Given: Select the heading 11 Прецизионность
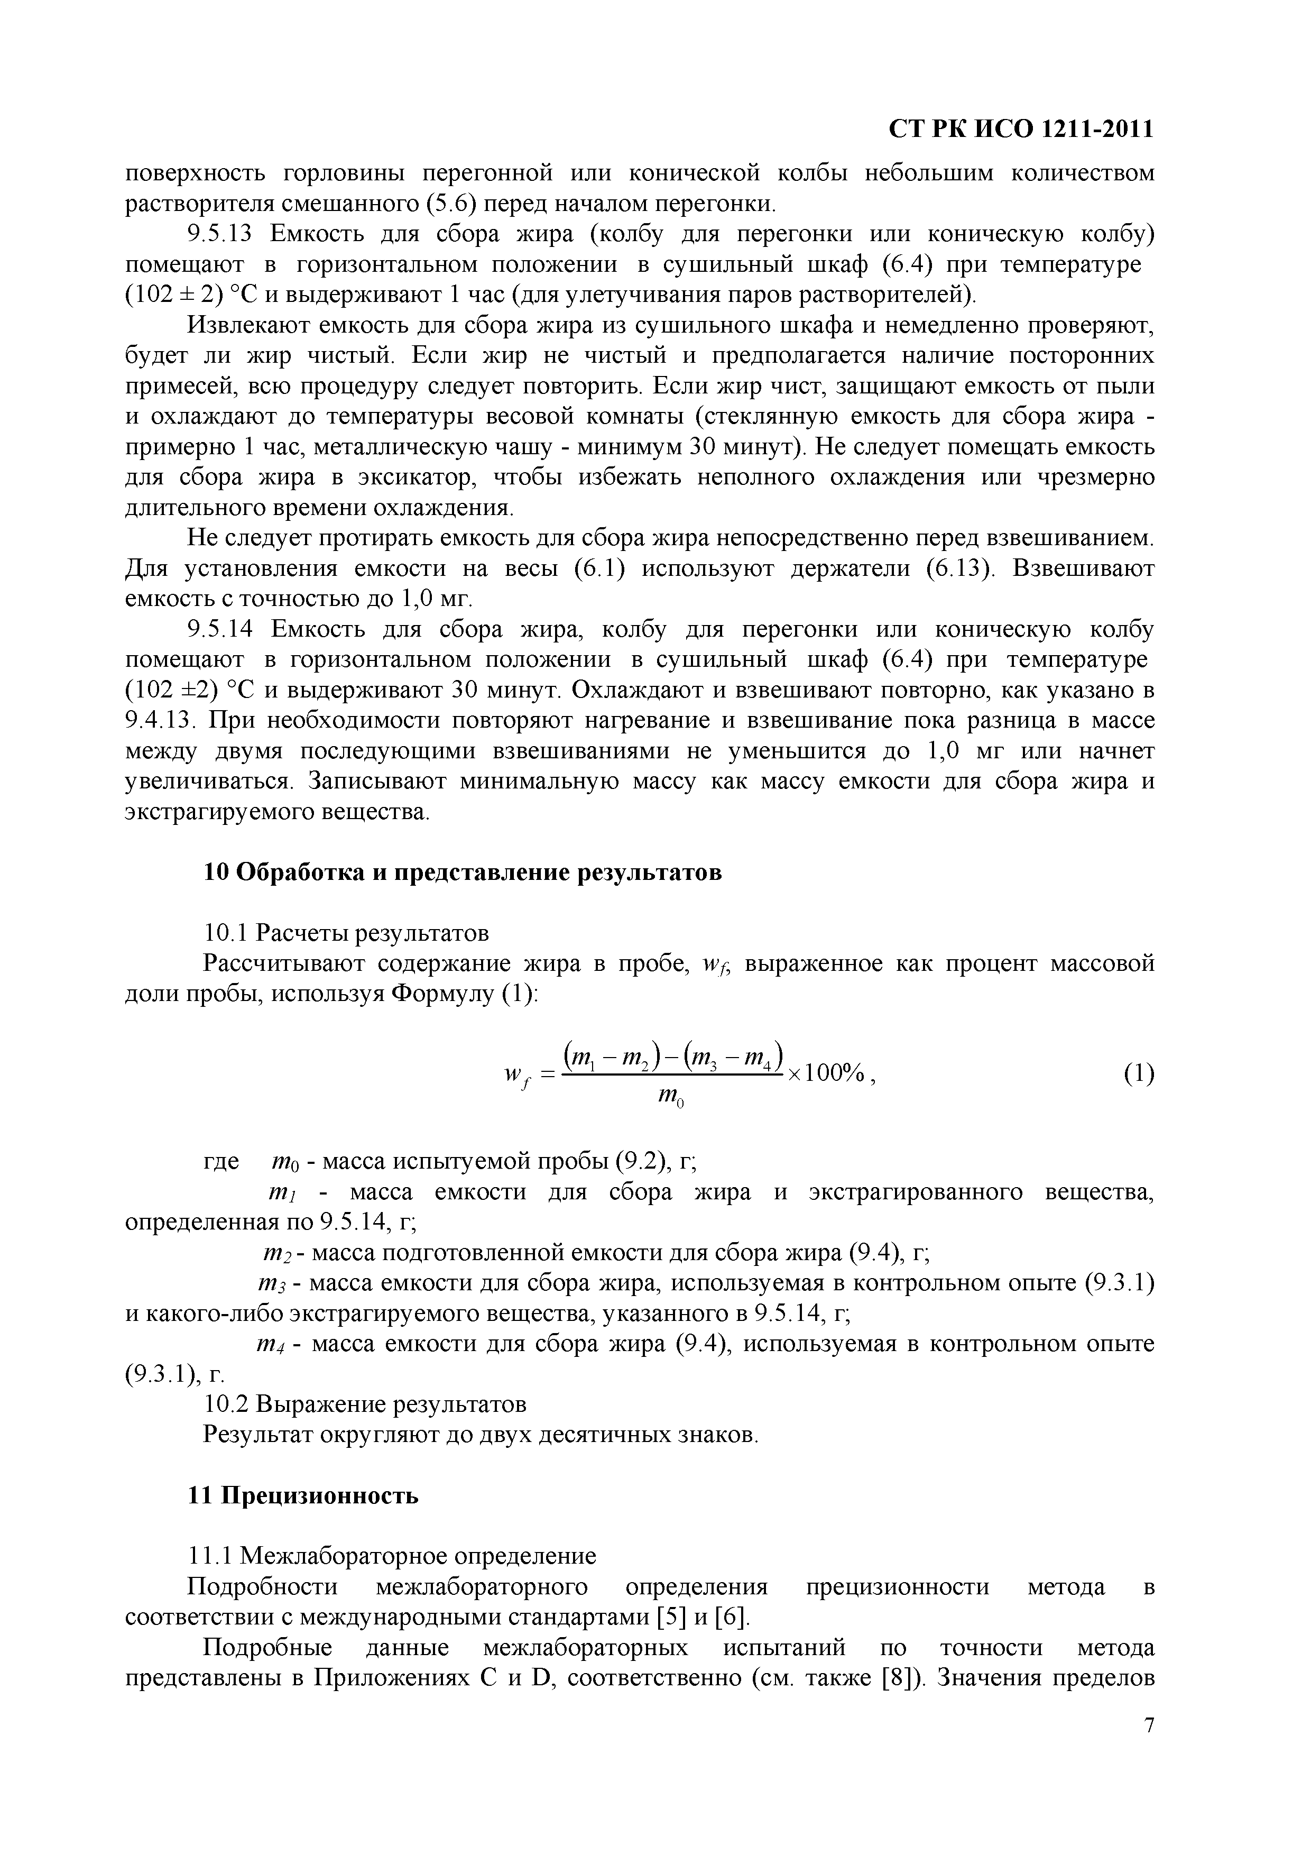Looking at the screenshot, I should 303,1495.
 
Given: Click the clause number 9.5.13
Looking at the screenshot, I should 220,234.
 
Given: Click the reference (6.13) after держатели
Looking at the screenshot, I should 958,569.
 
